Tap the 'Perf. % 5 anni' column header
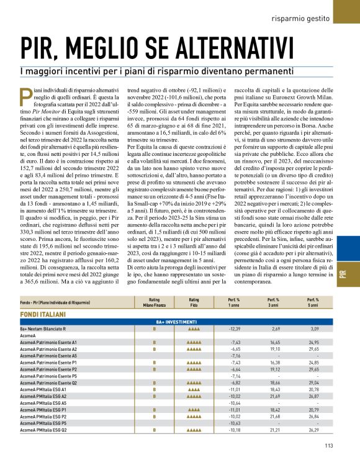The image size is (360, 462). (x=312, y=303)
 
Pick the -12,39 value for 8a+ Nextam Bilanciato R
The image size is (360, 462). (x=234, y=328)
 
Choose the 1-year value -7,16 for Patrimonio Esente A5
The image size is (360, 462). (x=234, y=356)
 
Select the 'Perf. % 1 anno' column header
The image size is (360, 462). (x=234, y=303)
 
